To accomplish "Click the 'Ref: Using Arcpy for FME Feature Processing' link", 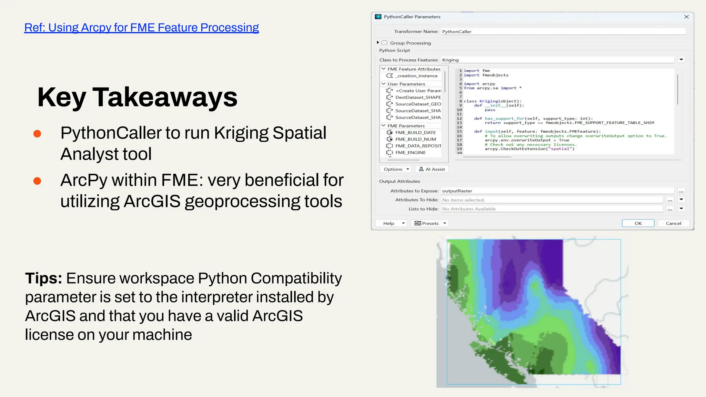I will point(141,28).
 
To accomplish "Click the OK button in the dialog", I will point(638,223).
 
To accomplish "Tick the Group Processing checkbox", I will point(384,43).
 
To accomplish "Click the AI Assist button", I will point(432,169).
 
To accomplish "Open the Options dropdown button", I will point(396,169).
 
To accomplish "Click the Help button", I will point(391,223).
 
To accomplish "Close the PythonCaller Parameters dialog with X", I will point(686,17).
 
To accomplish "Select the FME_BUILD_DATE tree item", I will point(415,132).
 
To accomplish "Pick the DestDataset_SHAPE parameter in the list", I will point(418,97).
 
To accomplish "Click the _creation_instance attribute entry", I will point(416,76).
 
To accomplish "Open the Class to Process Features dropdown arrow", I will point(681,60).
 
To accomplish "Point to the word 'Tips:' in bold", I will point(43,278).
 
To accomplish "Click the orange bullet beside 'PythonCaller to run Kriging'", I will point(37,134).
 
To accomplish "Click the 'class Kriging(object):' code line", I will point(492,101).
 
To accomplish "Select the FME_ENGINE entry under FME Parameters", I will point(410,152).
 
